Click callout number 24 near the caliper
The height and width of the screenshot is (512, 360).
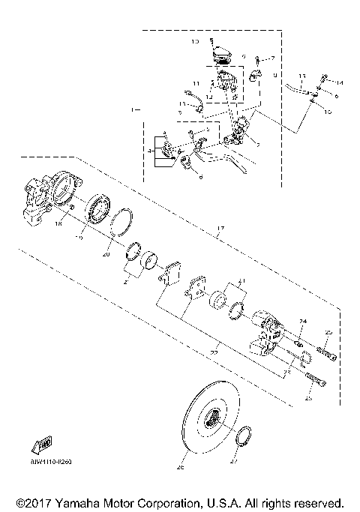[x=301, y=322]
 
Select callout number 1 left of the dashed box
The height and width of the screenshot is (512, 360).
[x=133, y=110]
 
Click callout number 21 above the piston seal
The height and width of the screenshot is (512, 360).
[x=241, y=281]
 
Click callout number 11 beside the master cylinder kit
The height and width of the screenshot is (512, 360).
[x=196, y=82]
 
